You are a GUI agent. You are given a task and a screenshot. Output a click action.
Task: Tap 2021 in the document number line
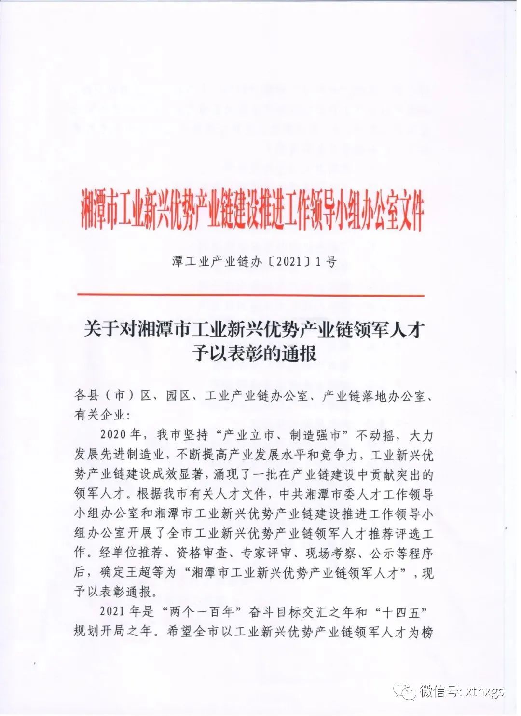click(288, 262)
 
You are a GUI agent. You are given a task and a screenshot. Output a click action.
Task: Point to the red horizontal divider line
click(251, 295)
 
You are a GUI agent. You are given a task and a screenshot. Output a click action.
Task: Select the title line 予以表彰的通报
click(254, 353)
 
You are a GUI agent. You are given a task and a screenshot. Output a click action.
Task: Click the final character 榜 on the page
click(427, 632)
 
